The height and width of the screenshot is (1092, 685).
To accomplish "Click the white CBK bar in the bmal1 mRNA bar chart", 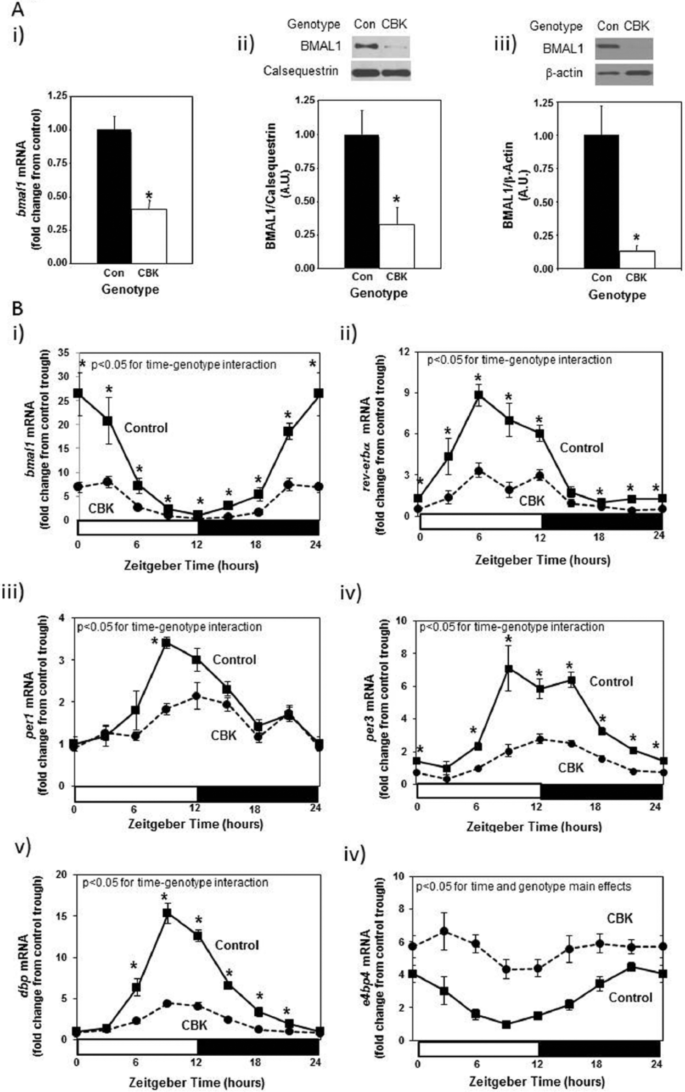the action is coord(149,236).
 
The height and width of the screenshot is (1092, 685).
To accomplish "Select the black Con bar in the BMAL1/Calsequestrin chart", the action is coord(362,201).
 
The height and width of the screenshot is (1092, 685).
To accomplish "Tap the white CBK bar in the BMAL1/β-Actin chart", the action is coord(637,259).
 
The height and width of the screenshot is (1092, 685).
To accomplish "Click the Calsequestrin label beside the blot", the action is coord(301,71).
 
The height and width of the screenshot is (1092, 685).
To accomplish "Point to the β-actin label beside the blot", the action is coord(564,72).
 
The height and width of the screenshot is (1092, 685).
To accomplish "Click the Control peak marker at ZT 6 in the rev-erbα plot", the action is coord(478,395).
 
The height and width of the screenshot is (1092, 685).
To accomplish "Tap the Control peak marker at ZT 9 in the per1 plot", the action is coord(167,643).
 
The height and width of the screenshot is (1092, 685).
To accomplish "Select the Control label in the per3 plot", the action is coord(611,681).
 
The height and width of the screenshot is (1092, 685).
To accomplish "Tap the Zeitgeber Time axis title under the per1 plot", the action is coord(196,824).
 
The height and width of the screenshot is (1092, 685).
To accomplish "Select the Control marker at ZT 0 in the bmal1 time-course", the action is coord(78,393).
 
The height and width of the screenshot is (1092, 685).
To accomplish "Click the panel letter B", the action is coord(17,309).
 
